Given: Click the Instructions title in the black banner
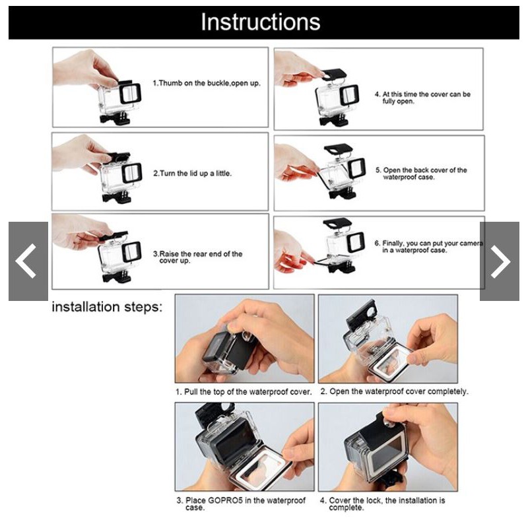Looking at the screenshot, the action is tap(260, 22).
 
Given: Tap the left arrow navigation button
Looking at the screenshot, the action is tap(28, 261).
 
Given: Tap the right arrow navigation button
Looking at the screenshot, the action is tap(500, 261).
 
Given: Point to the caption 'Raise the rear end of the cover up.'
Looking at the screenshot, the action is tap(197, 257).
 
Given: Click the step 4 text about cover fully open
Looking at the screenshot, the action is tap(422, 98).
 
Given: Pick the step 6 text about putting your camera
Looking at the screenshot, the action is tap(429, 247).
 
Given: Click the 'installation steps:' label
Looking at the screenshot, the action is tap(107, 307).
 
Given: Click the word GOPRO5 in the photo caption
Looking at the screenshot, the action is tap(225, 500).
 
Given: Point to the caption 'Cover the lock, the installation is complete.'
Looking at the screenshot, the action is tap(382, 504).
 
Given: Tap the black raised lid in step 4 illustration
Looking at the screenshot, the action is tap(334, 74).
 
